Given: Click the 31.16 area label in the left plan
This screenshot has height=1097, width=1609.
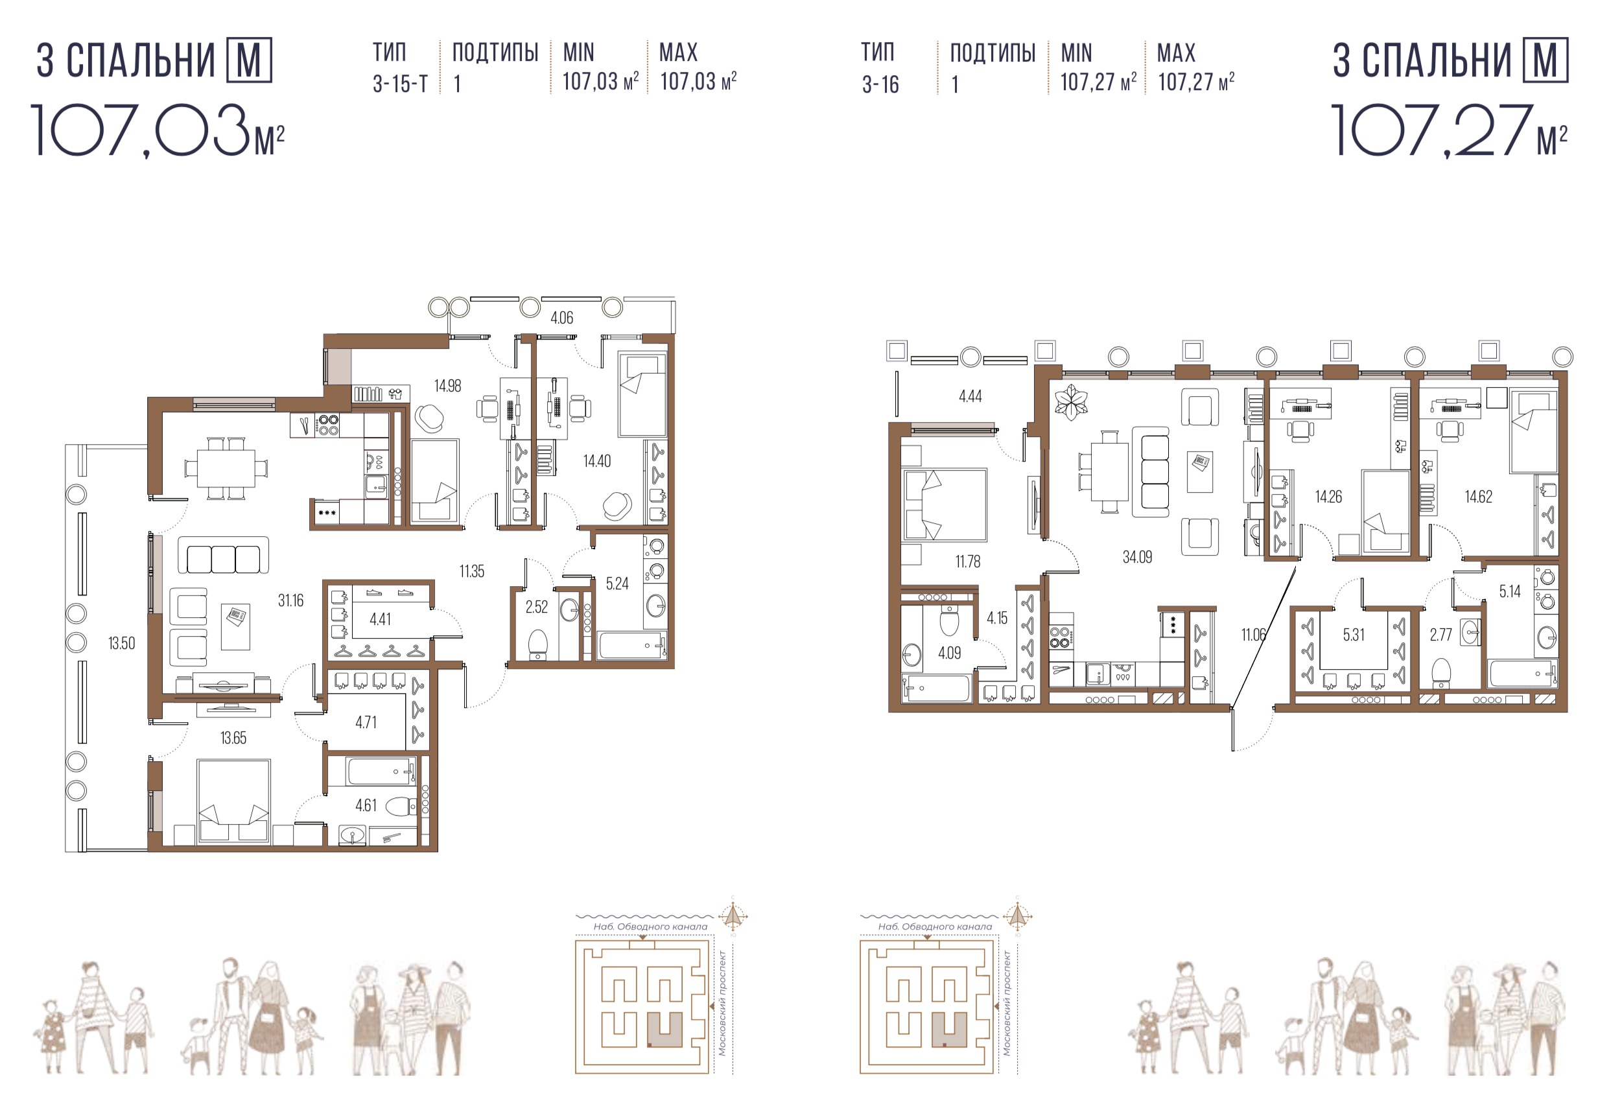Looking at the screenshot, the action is pyautogui.click(x=291, y=600).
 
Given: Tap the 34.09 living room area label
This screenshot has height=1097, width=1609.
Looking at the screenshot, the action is pyautogui.click(x=1138, y=557).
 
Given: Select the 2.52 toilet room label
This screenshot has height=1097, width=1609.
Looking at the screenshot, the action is pyautogui.click(x=537, y=607).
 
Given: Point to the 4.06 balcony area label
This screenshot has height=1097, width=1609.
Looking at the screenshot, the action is pyautogui.click(x=561, y=318).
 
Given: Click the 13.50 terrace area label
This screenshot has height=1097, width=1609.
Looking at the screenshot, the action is pyautogui.click(x=122, y=643).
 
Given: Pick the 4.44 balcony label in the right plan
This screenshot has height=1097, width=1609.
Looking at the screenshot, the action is pyautogui.click(x=970, y=396).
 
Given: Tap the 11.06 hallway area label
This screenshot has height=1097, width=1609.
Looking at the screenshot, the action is pyautogui.click(x=1253, y=634).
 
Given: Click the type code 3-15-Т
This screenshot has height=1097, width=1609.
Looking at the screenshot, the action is pyautogui.click(x=400, y=84).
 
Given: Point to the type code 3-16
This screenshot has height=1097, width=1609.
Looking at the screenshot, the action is pyautogui.click(x=880, y=84).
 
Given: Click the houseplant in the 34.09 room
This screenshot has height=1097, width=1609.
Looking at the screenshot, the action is pyautogui.click(x=1070, y=403).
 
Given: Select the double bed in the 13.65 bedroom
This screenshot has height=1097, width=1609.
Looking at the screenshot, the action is pyautogui.click(x=234, y=801).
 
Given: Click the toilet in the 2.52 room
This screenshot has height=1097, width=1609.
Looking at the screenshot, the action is pyautogui.click(x=538, y=646).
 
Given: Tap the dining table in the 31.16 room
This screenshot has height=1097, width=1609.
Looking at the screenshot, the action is pyautogui.click(x=226, y=468).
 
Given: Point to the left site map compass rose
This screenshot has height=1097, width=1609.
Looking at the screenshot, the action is pyautogui.click(x=733, y=916).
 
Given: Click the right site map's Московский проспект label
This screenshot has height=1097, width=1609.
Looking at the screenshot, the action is pyautogui.click(x=1007, y=1003).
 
